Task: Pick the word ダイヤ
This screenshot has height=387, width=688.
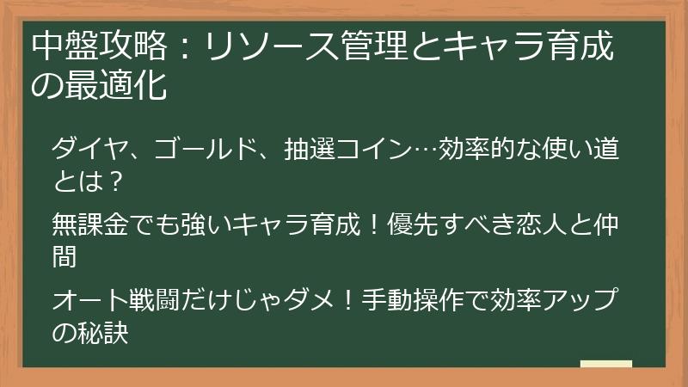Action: [92, 151]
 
